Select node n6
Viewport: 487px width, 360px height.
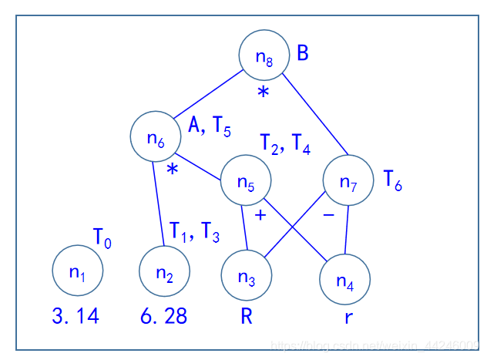tap(156, 138)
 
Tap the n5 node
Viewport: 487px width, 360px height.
tap(246, 182)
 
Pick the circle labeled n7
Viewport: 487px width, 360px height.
tap(348, 182)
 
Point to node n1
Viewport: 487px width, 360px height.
tap(78, 270)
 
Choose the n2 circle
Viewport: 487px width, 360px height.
tap(164, 271)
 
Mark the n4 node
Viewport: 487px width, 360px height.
tap(345, 281)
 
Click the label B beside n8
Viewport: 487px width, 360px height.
tap(303, 53)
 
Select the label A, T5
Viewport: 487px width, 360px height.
tap(210, 126)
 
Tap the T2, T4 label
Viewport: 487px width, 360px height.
tap(284, 145)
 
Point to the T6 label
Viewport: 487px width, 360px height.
tap(393, 181)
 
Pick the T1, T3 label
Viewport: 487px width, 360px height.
tap(195, 230)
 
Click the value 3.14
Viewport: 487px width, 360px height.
tap(76, 316)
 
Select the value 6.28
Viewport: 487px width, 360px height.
tap(164, 316)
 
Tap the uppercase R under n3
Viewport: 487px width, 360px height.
tap(247, 316)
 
